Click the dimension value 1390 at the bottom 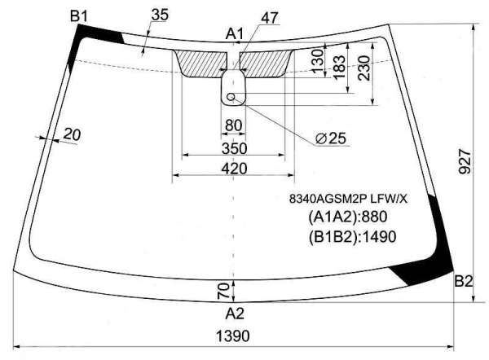(x=234, y=336)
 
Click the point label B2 (x=463, y=281)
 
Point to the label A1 (x=235, y=33)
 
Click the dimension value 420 (x=234, y=169)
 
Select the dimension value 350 (x=234, y=148)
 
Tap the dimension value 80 (x=234, y=125)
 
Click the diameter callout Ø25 (x=332, y=138)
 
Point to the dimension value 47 (x=271, y=16)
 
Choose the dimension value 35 (x=160, y=14)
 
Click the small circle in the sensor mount (x=231, y=97)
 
